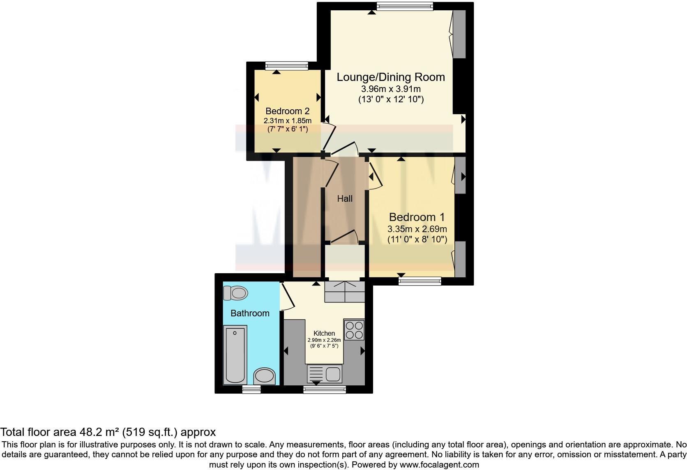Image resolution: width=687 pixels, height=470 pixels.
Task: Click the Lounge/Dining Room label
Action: coord(390,77)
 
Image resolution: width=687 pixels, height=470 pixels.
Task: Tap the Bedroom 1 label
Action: coord(417,217)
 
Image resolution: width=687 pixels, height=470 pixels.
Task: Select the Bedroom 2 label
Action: coord(287,111)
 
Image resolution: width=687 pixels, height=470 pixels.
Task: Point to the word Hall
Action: coord(345,199)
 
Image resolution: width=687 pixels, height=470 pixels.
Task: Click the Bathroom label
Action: coord(250,313)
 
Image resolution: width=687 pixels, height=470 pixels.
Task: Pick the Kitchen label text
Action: coord(324,333)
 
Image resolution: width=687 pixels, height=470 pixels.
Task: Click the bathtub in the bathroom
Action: coord(235,355)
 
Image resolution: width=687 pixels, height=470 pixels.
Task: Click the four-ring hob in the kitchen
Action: coord(354,330)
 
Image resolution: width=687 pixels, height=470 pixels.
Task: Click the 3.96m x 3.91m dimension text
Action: coord(390,89)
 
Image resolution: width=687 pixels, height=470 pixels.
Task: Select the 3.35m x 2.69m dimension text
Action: coord(417,229)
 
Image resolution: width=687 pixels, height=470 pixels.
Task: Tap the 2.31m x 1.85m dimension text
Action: coord(287,121)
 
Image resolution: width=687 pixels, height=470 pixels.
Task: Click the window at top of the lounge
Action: coord(405,6)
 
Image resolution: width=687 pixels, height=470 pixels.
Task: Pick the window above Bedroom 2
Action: coord(286,65)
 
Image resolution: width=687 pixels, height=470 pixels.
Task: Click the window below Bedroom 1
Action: coord(420,281)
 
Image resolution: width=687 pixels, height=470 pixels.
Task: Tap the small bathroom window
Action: coord(251,389)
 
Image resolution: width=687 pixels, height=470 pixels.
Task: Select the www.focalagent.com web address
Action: coord(439,465)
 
